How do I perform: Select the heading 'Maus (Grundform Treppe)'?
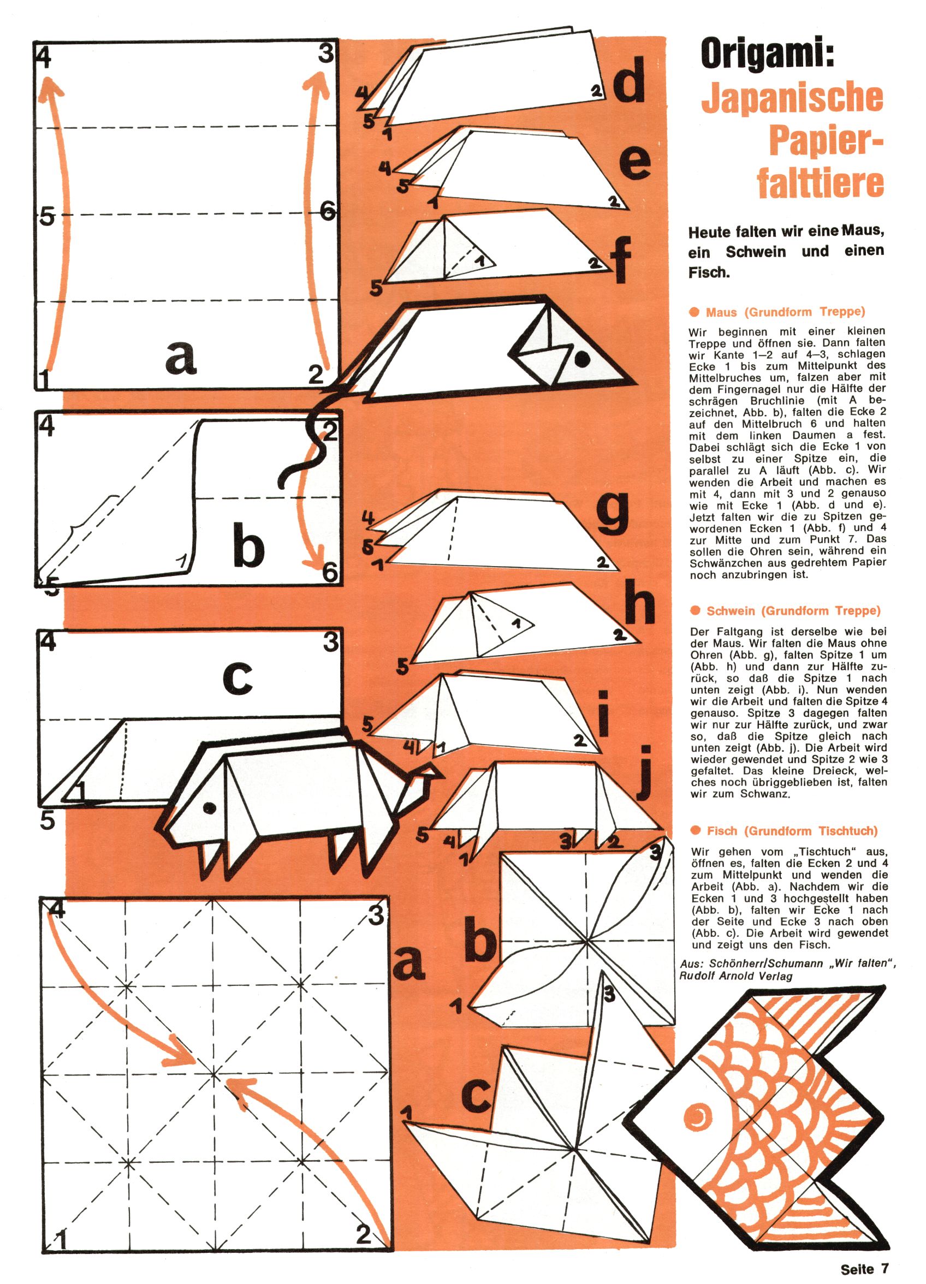pyautogui.click(x=785, y=312)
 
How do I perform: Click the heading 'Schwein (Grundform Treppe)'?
pyautogui.click(x=793, y=611)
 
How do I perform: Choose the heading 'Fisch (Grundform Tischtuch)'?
pyautogui.click(x=792, y=831)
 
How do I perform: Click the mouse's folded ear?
pyautogui.click(x=541, y=354)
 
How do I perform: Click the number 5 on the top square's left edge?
pyautogui.click(x=47, y=216)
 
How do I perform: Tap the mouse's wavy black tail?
pyautogui.click(x=308, y=447)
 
